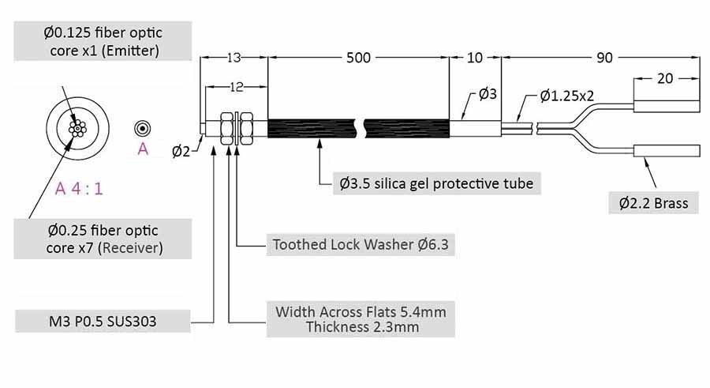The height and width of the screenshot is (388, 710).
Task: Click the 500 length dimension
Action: [359, 58]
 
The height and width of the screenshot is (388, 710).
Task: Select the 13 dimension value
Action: [234, 58]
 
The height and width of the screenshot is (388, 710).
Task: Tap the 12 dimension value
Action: [234, 85]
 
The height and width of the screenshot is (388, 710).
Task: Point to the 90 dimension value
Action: [604, 58]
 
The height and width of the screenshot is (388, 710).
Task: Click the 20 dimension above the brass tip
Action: [665, 78]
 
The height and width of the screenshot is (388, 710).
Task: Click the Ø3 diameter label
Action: [488, 96]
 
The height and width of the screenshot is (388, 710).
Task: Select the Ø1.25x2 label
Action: [567, 96]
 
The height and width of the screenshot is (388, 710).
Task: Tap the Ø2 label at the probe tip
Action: [181, 151]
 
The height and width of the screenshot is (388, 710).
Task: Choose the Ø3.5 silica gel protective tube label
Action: [436, 183]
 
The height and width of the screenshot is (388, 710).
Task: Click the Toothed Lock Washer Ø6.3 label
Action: [361, 244]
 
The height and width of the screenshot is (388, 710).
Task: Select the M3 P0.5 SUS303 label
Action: [103, 321]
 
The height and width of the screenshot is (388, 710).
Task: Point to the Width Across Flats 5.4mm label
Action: [361, 318]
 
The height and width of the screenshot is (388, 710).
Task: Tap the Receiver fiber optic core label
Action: [102, 239]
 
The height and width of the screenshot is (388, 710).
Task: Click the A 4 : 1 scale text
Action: [79, 189]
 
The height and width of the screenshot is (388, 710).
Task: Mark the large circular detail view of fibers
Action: [77, 129]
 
